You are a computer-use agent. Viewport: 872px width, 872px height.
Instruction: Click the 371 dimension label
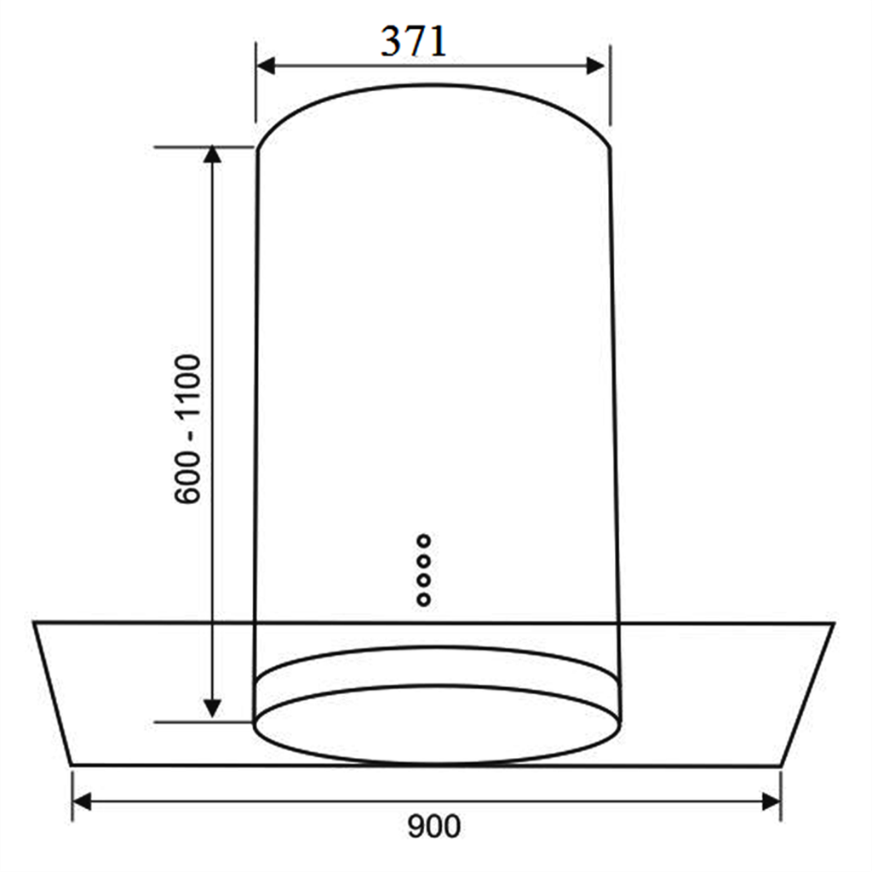pos(414,42)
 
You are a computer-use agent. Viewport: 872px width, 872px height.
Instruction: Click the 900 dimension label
pos(433,826)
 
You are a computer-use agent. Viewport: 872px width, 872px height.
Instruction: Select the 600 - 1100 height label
pos(187,429)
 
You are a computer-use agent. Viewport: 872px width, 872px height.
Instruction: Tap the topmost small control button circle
pos(424,541)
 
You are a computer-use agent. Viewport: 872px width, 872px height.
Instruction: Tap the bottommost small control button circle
pos(424,599)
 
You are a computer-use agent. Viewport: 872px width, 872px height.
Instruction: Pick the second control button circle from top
pos(424,560)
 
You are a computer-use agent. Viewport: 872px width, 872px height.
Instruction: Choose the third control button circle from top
pos(424,580)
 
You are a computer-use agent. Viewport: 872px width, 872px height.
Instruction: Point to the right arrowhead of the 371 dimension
pos(595,66)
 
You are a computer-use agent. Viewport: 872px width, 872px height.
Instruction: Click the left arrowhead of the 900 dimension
pos(82,802)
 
